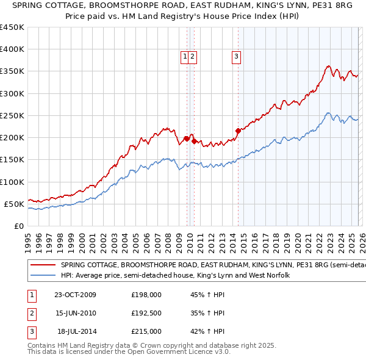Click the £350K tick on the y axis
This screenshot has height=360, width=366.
12,71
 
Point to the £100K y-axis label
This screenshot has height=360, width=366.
12,182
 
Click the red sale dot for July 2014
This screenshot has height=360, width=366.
238,131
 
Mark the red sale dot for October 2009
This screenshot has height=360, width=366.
187,138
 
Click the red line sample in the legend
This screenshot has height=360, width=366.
43,265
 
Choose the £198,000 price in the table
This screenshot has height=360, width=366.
146,295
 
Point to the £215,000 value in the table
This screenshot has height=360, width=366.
146,331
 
